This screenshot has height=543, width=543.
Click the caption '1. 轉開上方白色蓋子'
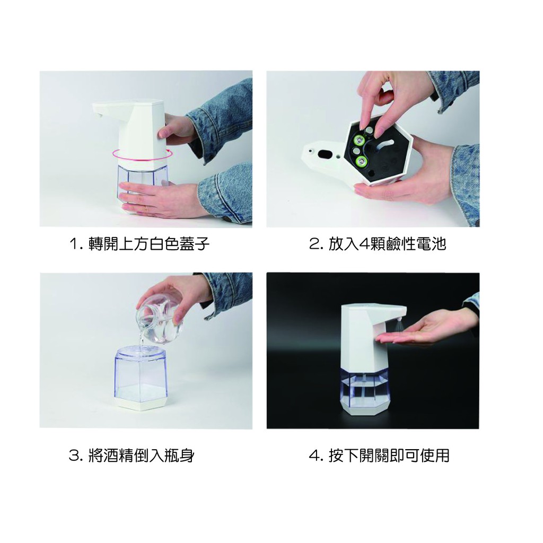coord(139,244)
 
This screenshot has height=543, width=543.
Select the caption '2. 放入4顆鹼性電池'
coord(378,244)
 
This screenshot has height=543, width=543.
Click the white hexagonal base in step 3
coord(141,404)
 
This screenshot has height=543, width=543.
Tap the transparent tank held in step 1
coord(142,185)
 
